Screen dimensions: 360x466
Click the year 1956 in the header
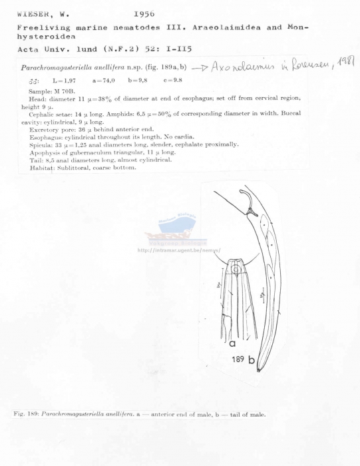145,13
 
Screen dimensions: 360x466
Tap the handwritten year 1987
345,63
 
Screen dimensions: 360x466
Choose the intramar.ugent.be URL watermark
178,250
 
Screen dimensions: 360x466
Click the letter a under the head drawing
232,346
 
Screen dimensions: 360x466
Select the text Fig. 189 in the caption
25,414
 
